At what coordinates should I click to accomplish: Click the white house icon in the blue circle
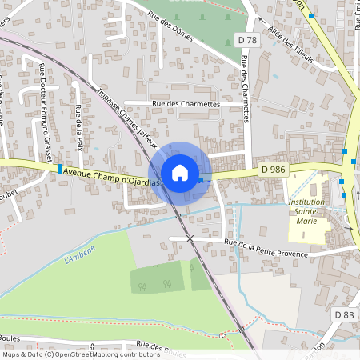[180, 172]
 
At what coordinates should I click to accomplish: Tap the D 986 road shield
[273, 170]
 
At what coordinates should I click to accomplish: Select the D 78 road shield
[249, 39]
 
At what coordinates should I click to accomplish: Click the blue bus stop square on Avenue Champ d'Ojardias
[60, 169]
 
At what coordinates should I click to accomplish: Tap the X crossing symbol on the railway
[190, 238]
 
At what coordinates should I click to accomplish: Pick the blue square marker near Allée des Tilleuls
[310, 15]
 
